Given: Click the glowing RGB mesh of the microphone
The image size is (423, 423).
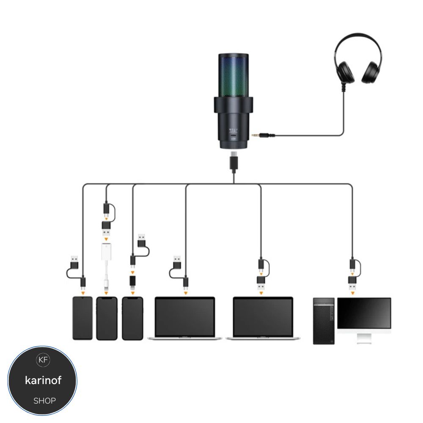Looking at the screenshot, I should pos(234,76).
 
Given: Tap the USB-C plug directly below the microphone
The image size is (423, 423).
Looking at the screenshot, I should pos(234,162).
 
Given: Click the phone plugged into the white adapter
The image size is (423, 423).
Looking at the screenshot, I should pos(107,318).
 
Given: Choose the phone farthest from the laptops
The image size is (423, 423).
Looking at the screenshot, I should pos(82,318).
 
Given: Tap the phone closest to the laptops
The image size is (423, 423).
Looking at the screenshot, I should pos(132,318).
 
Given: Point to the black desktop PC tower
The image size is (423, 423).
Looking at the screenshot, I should pos(324,320).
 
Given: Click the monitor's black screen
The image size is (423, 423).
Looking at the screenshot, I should pos(364,313).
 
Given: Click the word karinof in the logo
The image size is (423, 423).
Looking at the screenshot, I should pos(43,380).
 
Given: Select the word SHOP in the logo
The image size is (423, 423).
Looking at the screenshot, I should pos(44,400).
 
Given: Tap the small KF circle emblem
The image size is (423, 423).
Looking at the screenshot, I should pos(43,360).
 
